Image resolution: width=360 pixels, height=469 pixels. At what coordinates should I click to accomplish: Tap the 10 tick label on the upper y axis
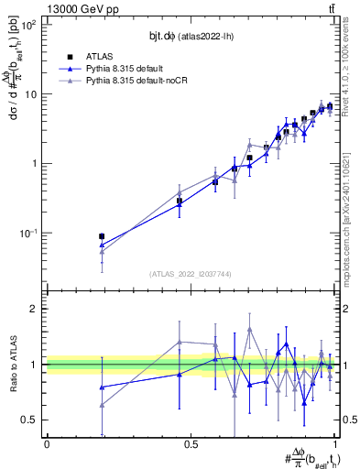click(x=32, y=94)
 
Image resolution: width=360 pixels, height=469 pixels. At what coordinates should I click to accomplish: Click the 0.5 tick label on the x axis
click(x=191, y=444)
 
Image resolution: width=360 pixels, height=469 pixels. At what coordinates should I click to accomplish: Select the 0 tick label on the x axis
click(x=47, y=444)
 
